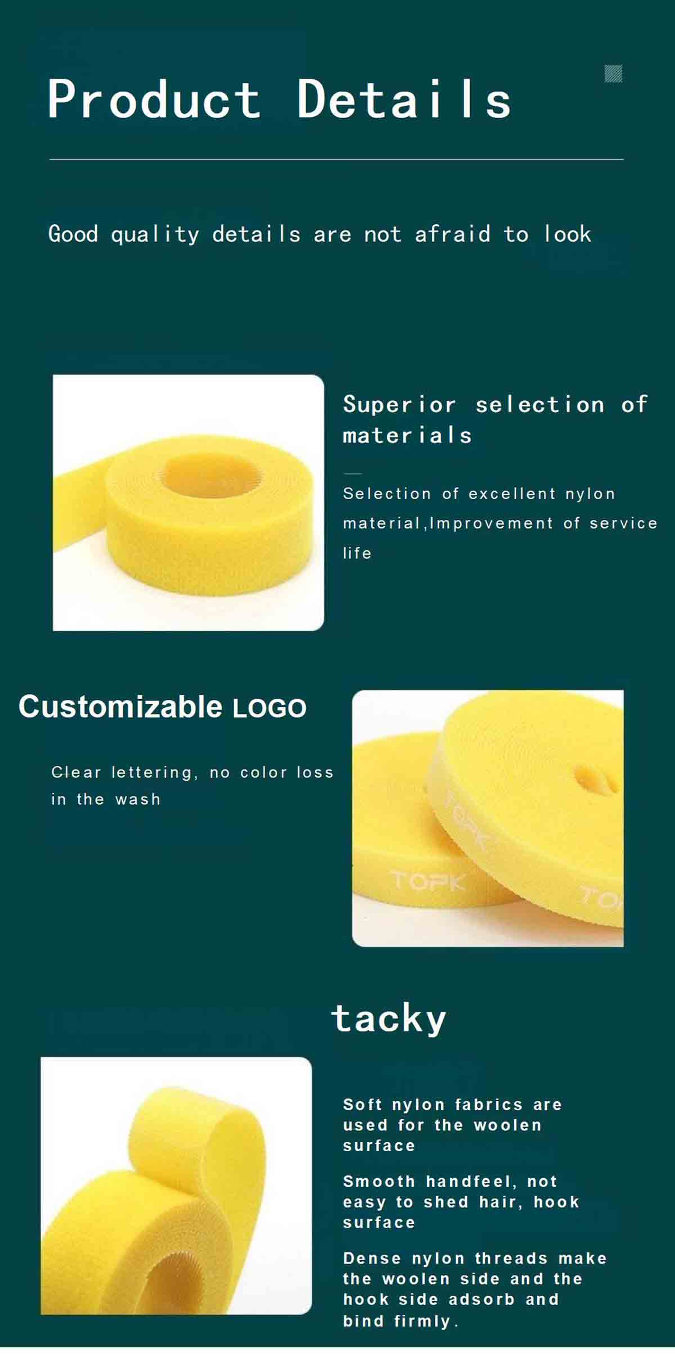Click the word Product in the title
[154, 99]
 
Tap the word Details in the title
[404, 99]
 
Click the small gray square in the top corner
[613, 74]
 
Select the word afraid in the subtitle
[452, 234]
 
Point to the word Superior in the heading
[399, 404]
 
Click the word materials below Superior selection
[407, 435]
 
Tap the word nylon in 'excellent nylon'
[590, 494]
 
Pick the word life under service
[357, 553]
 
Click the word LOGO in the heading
[269, 708]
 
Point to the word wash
[138, 799]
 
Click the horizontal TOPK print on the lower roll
[428, 881]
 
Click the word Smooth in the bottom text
[379, 1181]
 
